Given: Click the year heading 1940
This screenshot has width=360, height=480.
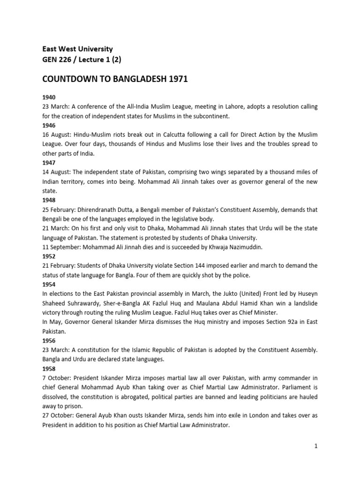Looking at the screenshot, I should (49, 97).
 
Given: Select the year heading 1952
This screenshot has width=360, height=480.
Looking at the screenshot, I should (49, 256).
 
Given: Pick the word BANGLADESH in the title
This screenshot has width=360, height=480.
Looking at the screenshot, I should (137, 79).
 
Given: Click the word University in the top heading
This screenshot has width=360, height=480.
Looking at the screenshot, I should (96, 49).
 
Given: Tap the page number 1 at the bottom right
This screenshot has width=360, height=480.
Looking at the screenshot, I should (316, 446).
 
